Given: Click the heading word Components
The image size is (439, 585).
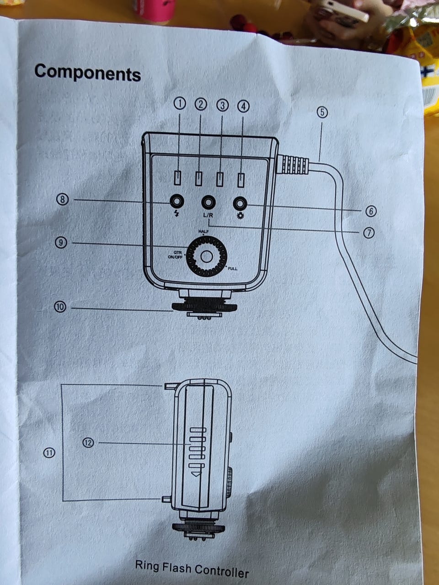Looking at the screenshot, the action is tap(87, 73).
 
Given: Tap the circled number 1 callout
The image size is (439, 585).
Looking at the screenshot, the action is tap(179, 104).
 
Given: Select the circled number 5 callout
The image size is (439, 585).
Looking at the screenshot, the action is tap(322, 112).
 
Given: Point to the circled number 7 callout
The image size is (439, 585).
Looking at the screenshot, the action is tap(369, 233).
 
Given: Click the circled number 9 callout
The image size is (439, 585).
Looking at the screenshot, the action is tap(61, 243).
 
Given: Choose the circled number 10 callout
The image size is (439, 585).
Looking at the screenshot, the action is tap(60, 307).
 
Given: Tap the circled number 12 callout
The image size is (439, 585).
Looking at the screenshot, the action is tap(88, 443).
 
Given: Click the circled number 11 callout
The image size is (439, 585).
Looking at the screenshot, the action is tap(49, 452).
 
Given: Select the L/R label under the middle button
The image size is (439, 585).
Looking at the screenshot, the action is tap(208, 215).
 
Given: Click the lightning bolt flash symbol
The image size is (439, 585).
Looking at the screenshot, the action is tap(177, 213).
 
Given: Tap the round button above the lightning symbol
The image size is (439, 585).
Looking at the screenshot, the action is tap(177, 202).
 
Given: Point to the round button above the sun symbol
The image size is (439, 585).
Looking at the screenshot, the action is tap(240, 204).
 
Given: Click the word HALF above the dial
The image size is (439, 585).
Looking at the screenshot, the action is tap(203, 231).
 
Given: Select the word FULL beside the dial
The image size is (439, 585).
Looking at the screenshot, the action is tap(232, 269).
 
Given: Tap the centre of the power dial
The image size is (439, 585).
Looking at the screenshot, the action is tap(207, 256).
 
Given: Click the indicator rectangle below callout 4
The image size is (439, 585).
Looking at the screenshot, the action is tap(241, 181).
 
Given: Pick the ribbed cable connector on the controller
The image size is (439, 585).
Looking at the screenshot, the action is tap(293, 165).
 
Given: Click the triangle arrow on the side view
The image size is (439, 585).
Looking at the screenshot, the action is tap(196, 473).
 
